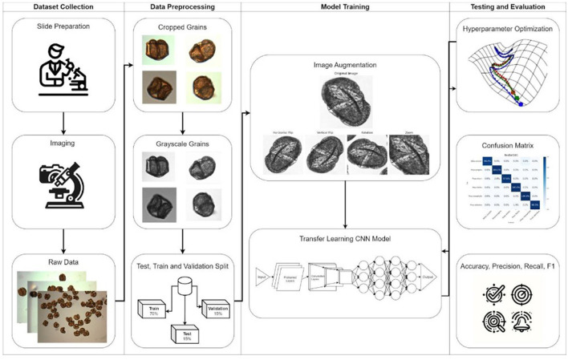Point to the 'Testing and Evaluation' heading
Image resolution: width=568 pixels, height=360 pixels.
click(508, 7)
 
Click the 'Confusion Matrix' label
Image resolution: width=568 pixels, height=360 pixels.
click(508, 146)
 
